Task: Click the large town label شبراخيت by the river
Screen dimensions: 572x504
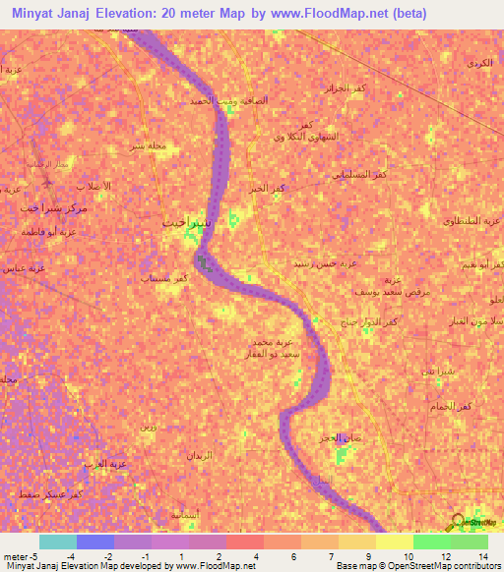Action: tap(185, 222)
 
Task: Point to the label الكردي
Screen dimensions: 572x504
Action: tap(479, 64)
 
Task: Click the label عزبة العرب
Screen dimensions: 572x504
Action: tap(106, 462)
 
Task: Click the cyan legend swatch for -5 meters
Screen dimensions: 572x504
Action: tap(57, 542)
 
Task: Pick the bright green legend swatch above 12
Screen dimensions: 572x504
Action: tap(431, 542)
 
